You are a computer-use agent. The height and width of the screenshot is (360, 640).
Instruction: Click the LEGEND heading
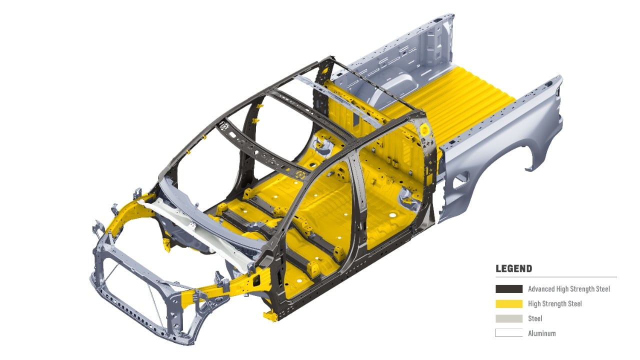click(513, 268)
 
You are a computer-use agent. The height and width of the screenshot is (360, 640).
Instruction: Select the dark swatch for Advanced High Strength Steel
click(509, 289)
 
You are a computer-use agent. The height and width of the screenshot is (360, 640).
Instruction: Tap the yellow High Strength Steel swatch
click(509, 303)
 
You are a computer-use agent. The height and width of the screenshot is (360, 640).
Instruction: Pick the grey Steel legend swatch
click(509, 318)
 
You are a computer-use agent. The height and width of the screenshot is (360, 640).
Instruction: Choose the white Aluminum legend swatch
click(509, 333)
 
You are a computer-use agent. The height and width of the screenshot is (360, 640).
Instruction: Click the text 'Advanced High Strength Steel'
click(569, 289)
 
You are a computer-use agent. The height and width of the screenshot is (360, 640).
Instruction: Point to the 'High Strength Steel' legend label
click(555, 303)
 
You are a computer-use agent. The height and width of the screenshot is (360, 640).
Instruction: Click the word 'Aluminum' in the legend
click(541, 333)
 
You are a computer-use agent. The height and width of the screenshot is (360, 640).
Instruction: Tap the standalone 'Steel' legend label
click(535, 318)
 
